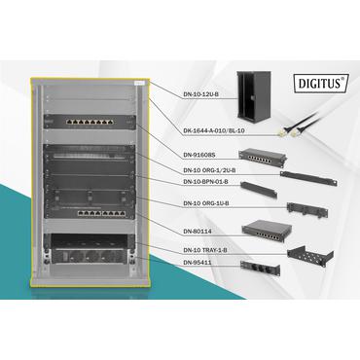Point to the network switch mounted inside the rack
tap(100, 213)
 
